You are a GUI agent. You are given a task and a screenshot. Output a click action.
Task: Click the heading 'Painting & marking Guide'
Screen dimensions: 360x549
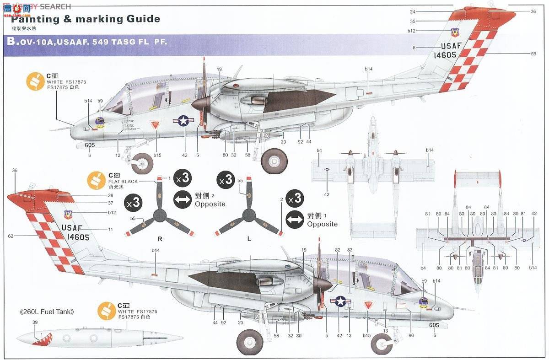[86, 19]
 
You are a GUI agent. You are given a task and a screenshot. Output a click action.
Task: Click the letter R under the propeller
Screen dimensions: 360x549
[160, 238]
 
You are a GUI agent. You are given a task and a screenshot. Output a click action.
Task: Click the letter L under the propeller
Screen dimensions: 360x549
[249, 238]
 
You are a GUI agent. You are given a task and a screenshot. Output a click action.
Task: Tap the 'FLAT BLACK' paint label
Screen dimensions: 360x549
[123, 182]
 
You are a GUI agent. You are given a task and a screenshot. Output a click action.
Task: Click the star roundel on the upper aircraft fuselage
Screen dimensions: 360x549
[183, 120]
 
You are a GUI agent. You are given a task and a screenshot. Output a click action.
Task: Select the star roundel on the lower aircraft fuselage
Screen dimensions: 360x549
[340, 301]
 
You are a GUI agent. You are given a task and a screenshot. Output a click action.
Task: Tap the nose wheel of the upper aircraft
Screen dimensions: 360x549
[143, 162]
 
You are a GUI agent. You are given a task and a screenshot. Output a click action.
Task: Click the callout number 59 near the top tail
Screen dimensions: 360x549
[533, 54]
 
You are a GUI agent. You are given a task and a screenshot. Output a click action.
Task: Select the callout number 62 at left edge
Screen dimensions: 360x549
[11, 236]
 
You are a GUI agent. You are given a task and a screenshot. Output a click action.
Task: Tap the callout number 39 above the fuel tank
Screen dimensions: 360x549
[35, 322]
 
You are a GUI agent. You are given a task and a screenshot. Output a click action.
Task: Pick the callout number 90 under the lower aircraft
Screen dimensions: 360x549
[411, 336]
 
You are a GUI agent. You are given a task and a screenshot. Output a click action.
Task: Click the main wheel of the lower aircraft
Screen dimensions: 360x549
[250, 342]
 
